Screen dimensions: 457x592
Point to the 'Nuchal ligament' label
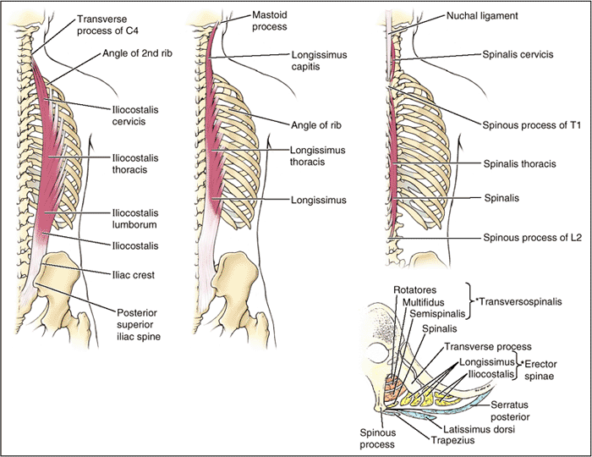click(x=483, y=16)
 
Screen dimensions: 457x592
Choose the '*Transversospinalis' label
click(x=520, y=300)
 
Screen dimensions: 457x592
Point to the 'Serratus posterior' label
click(x=515, y=412)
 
